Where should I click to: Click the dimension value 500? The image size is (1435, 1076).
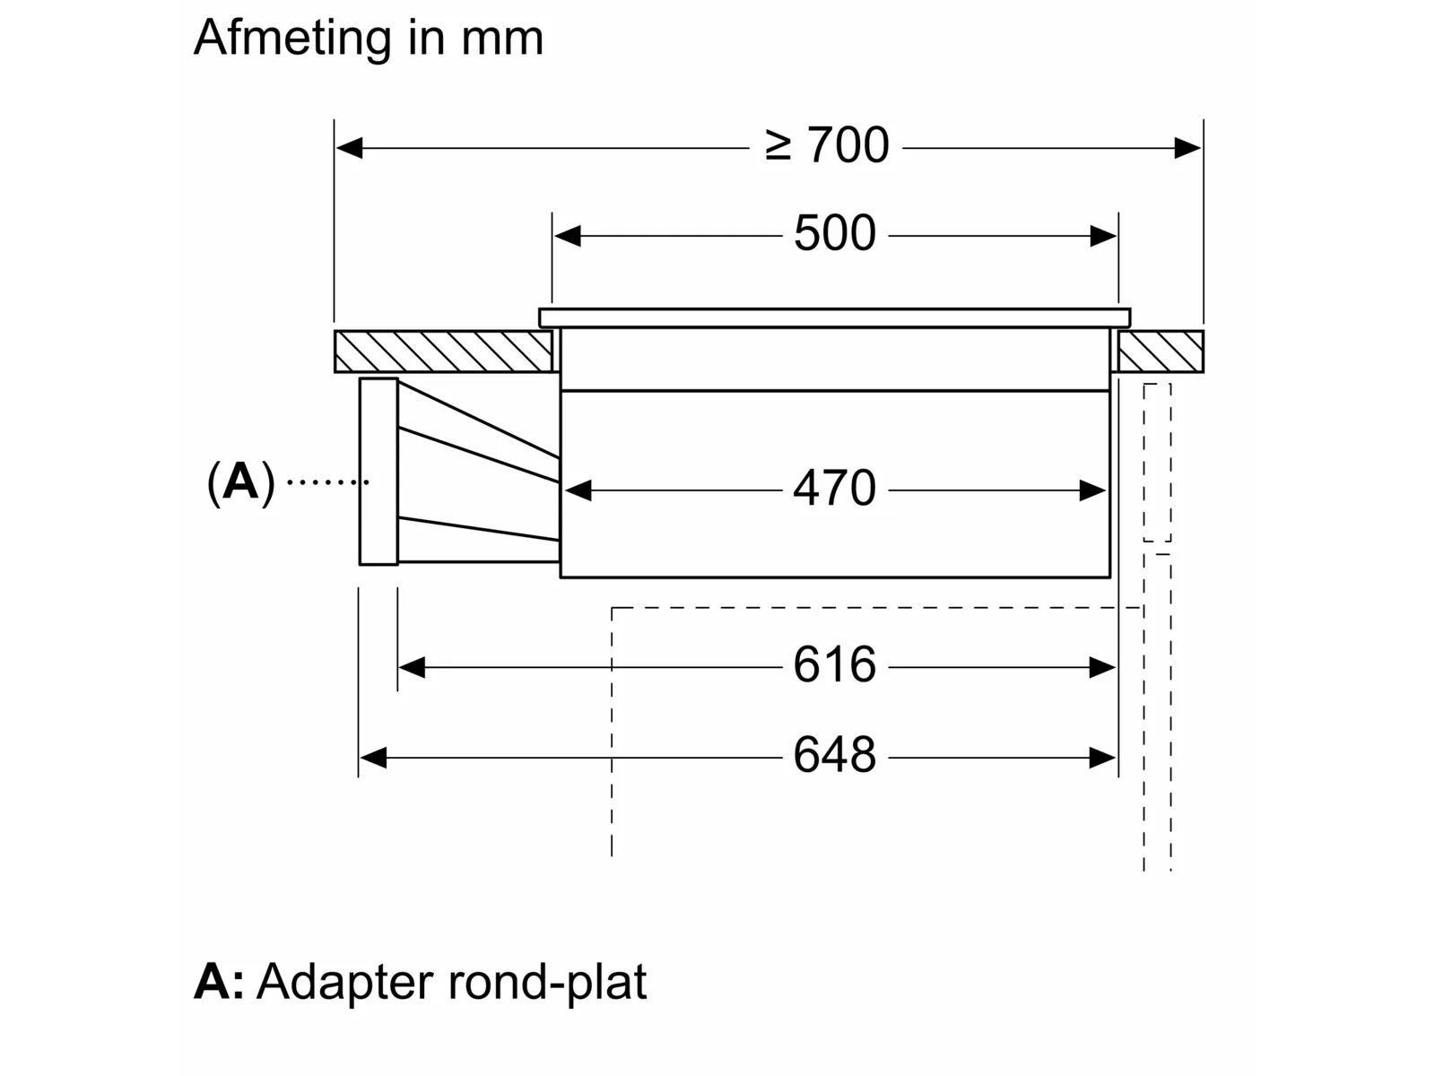[x=834, y=234]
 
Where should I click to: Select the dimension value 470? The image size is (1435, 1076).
[x=834, y=490]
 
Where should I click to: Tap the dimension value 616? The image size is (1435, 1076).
[x=834, y=666]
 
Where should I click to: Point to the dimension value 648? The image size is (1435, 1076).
[x=834, y=756]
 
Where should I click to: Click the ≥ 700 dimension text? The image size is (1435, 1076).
[x=827, y=146]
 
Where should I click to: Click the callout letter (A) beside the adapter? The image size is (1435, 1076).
[x=240, y=482]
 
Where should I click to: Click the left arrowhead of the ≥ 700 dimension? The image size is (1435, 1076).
[x=348, y=148]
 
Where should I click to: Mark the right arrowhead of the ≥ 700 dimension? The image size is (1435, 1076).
[x=1188, y=148]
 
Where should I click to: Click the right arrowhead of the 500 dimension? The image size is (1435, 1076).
[x=1104, y=237]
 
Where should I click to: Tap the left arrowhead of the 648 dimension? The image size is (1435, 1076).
[x=373, y=758]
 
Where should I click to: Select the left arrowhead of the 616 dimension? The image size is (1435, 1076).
[x=412, y=668]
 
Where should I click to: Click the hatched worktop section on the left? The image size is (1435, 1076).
[x=443, y=351]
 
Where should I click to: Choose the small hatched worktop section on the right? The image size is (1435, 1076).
[x=1161, y=351]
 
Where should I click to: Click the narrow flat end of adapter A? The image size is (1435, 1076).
[x=378, y=472]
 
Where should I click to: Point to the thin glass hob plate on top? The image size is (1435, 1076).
[x=834, y=317]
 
